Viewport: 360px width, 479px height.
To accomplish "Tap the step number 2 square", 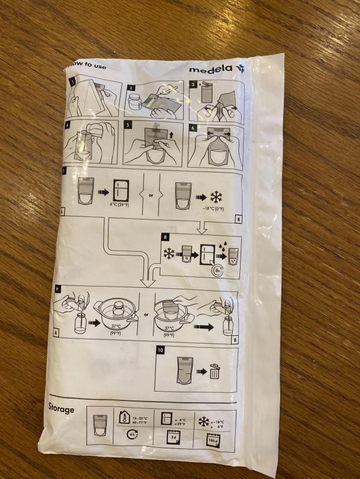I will point(131,87).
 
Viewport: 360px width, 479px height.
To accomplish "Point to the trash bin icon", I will point(214,371).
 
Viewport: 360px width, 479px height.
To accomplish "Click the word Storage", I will point(61,409).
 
